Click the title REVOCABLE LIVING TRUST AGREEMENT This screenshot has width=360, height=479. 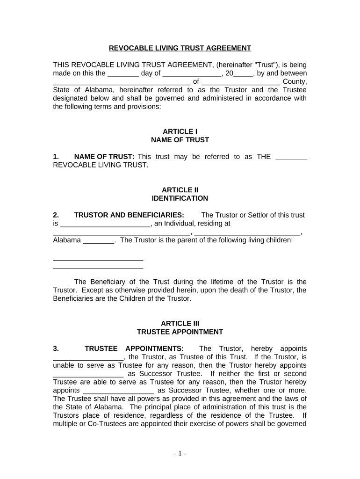coord(180,48)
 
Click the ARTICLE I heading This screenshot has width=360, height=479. coord(180,131)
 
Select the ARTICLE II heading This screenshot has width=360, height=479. coord(180,190)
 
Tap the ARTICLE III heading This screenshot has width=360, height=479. coord(180,323)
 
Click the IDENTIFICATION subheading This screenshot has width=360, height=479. coord(180,198)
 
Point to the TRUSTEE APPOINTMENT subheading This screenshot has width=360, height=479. coord(180,332)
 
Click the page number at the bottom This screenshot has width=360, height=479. coord(180,453)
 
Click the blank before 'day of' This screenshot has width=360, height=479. coord(123,74)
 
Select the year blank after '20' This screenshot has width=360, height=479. coord(243,74)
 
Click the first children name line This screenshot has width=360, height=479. coord(98,259)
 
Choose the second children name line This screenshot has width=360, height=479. coord(98,268)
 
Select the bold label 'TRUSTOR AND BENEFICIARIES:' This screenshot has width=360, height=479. coord(129,215)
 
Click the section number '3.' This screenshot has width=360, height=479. coord(56,348)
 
